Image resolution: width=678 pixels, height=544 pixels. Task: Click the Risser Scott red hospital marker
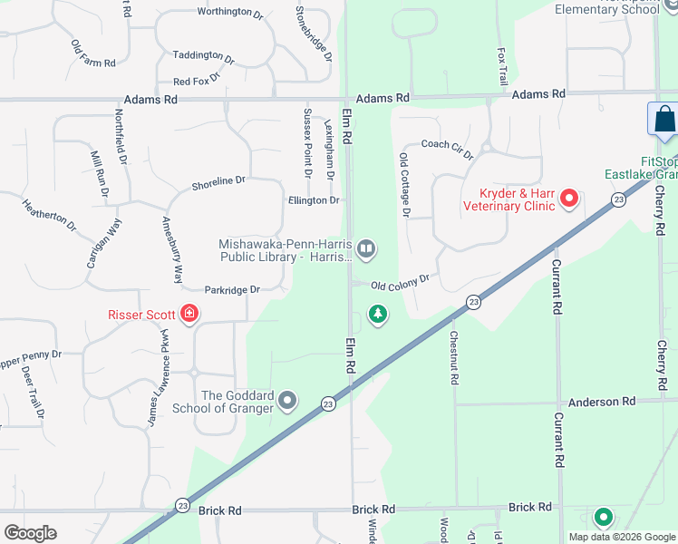189,314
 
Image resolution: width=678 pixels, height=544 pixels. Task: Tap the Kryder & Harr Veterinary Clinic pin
569,197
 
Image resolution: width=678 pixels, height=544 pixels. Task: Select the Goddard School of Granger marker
287,400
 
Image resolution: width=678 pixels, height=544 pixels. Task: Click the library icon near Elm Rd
366,248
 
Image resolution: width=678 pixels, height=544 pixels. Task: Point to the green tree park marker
377,315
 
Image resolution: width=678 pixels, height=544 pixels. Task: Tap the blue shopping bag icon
663,119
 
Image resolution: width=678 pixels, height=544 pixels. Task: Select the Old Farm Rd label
93,54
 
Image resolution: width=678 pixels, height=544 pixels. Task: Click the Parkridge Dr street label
232,290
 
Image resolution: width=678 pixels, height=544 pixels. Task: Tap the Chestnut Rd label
454,358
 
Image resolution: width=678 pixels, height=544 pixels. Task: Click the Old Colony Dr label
400,284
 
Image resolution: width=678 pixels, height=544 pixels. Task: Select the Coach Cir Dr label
447,149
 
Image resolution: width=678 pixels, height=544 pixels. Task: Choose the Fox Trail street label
502,68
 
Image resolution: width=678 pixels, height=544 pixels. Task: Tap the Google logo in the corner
30,532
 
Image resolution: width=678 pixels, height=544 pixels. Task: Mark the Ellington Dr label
314,200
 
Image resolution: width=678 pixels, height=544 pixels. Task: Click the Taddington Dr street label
204,57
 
